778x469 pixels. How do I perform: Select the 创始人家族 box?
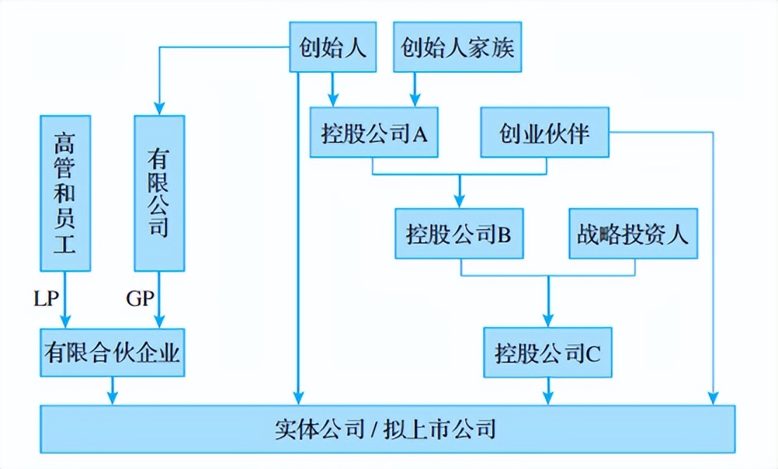click(457, 47)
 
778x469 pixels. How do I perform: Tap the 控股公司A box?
click(374, 132)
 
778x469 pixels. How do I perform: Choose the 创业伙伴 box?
click(544, 132)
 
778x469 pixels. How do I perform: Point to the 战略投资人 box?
click(633, 232)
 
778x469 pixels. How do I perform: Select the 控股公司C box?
click(547, 352)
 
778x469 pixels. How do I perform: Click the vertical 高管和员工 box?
click(65, 193)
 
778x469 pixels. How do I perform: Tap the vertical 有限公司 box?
click(159, 193)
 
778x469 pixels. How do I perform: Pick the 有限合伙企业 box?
click(112, 352)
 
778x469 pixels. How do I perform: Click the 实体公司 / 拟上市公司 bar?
click(388, 428)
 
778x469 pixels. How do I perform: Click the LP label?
click(46, 298)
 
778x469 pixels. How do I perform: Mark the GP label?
click(140, 298)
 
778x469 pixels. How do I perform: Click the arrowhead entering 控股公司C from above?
click(548, 320)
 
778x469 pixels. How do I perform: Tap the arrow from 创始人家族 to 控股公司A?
click(414, 88)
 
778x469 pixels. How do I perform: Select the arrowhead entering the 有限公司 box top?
click(159, 110)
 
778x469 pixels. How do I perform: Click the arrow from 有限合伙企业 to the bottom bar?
click(112, 390)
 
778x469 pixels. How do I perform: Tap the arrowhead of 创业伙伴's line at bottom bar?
click(714, 398)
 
